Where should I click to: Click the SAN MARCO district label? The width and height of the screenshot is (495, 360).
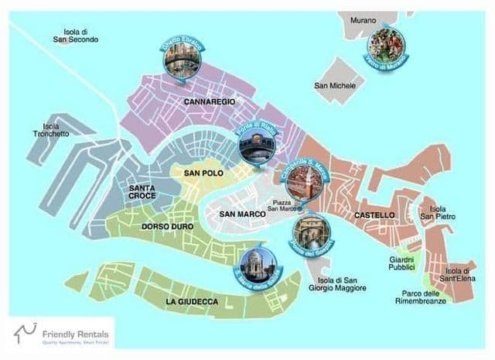[242, 214]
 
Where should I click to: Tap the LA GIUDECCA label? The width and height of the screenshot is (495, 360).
[192, 300]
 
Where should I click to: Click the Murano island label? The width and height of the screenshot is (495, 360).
[363, 19]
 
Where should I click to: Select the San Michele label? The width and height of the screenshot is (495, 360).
[335, 86]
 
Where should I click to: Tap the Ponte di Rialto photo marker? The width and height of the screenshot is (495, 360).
[254, 145]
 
